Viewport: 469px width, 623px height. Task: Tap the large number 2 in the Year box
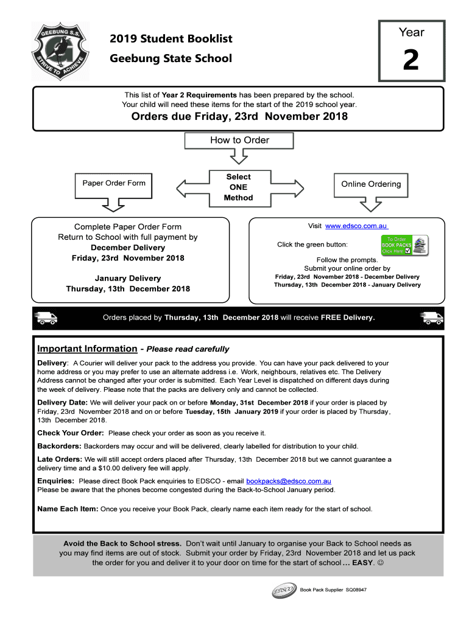pyautogui.click(x=411, y=61)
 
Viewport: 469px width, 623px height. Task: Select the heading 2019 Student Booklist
pyautogui.click(x=171, y=39)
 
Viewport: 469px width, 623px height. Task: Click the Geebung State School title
pyautogui.click(x=171, y=58)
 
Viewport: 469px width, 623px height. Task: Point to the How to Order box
pyautogui.click(x=239, y=140)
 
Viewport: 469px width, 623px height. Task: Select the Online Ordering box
pyautogui.click(x=371, y=184)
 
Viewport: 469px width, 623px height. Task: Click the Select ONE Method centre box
pyautogui.click(x=239, y=187)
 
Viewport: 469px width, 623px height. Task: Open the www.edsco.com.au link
pyautogui.click(x=356, y=226)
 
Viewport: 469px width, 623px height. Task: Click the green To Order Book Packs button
pyautogui.click(x=404, y=245)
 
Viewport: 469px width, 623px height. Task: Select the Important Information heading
pyautogui.click(x=87, y=349)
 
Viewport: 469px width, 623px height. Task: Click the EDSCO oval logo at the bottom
pyautogui.click(x=284, y=590)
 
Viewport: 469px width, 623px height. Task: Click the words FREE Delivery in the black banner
pyautogui.click(x=348, y=318)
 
